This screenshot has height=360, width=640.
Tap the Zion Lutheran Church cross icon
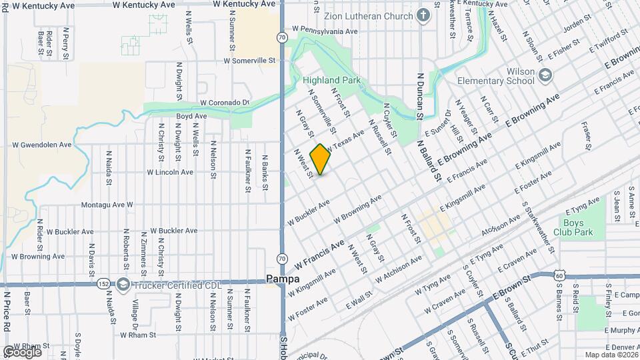click(423, 15)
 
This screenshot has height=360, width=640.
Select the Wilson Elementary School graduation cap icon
click(546, 75)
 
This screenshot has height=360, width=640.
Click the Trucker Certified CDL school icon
click(123, 285)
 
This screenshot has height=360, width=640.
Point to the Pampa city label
click(282, 279)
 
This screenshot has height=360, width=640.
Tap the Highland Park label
click(331, 80)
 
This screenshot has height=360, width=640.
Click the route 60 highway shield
click(560, 275)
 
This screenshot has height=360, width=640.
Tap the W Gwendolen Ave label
click(42, 145)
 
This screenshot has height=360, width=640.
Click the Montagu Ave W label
click(107, 205)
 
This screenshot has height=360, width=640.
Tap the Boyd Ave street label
click(191, 116)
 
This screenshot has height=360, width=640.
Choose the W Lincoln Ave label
click(170, 172)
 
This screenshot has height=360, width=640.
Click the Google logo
click(22, 352)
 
